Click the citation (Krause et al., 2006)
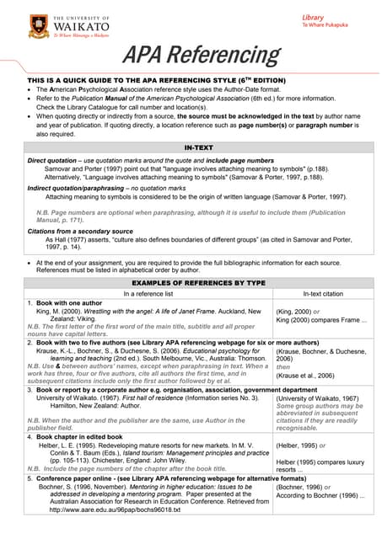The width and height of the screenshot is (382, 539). [x=309, y=375]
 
